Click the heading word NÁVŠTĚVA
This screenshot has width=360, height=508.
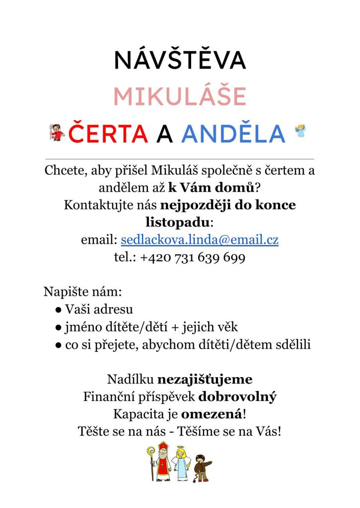180,61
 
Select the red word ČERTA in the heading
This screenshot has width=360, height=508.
108,132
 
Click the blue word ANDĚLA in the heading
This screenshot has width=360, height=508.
233,132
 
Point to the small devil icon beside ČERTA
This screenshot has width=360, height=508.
58,131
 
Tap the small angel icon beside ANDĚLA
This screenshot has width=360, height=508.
300,130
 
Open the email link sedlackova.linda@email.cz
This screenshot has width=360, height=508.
200,240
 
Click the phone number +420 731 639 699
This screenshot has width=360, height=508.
193,258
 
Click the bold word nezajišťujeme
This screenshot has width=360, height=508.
205,380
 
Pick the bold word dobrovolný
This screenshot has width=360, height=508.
237,397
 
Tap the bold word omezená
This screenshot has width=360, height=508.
212,414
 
